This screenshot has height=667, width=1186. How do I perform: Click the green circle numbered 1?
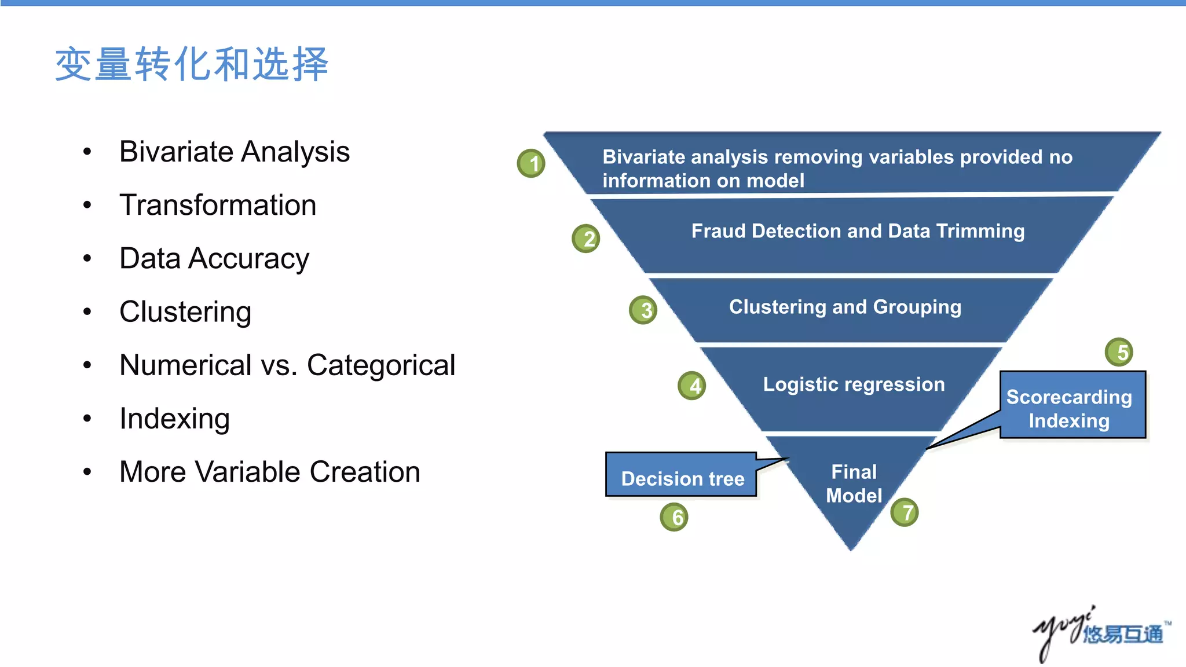[x=531, y=163]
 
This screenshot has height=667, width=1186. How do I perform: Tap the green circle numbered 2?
[x=586, y=239]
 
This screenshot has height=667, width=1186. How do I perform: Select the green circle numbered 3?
[x=643, y=310]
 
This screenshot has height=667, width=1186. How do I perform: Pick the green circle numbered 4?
[x=692, y=386]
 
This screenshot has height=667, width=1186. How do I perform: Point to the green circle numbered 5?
[x=1119, y=352]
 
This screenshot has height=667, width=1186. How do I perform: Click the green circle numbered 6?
[x=674, y=517]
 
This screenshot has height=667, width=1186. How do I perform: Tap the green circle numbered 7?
[x=905, y=512]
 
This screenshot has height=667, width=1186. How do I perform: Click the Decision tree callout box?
[x=682, y=475]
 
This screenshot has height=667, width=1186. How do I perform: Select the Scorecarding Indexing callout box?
[x=1072, y=405]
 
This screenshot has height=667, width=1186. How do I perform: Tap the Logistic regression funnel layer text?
[x=854, y=384]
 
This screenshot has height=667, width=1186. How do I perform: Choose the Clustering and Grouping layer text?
[x=845, y=307]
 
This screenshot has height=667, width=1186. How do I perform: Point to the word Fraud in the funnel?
[x=718, y=231]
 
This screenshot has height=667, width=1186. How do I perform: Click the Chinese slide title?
[x=192, y=64]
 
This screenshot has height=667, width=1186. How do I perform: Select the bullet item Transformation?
[x=218, y=205]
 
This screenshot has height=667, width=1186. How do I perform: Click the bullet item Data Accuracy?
[x=214, y=258]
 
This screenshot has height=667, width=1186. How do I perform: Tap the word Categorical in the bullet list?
[x=381, y=365]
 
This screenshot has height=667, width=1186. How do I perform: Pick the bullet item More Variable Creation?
[x=270, y=472]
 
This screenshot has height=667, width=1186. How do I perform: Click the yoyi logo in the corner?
[x=1099, y=632]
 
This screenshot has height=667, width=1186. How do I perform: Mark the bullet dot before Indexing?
[x=87, y=418]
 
